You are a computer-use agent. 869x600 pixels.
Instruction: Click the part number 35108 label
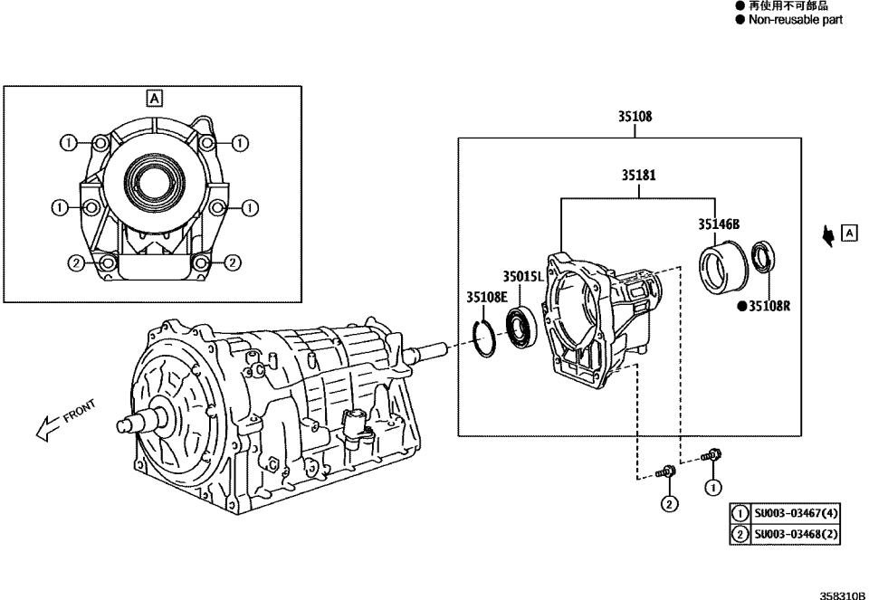click(x=635, y=117)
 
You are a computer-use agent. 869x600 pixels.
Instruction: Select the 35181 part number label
click(x=638, y=176)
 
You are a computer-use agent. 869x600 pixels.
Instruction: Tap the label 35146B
click(x=719, y=224)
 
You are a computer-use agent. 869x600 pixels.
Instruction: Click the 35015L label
click(x=523, y=277)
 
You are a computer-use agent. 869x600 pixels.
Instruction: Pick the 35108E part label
click(x=487, y=296)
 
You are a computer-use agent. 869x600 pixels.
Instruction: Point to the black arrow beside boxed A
click(x=827, y=236)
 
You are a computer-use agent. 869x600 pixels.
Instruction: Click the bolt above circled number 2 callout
click(x=665, y=471)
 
